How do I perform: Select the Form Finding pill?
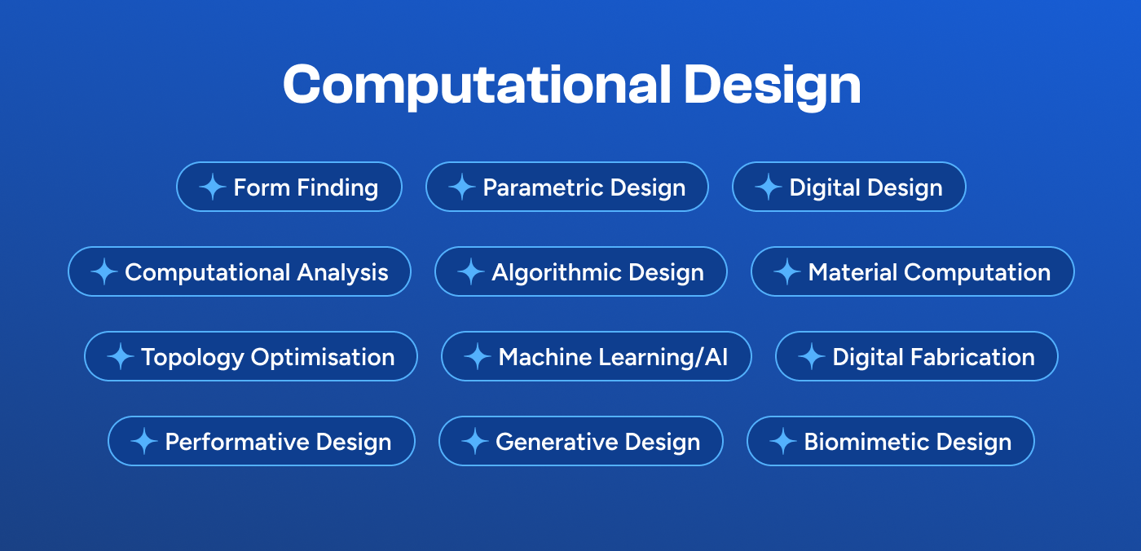pos(289,187)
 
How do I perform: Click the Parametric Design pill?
pos(567,187)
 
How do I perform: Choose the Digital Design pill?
pos(848,187)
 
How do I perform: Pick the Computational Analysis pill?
pos(240,271)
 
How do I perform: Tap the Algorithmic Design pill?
pos(581,271)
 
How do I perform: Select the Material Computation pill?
pos(912,271)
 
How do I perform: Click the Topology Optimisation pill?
pos(251,356)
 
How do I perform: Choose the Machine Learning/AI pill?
pos(596,356)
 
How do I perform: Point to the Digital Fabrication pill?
pos(916,356)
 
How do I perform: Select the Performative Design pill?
pos(262,441)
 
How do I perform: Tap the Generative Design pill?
pos(581,441)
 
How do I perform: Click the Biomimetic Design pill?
pos(890,441)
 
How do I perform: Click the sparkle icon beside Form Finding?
pos(212,187)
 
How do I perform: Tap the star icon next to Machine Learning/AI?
pos(477,356)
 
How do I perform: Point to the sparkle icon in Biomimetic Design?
pos(782,441)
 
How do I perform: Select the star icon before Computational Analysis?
pos(104,271)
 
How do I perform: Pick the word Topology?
pos(192,357)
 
